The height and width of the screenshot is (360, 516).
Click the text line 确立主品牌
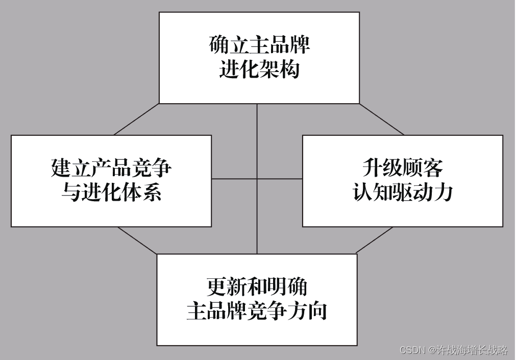pyautogui.click(x=259, y=45)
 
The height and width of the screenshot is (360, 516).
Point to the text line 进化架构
pyautogui.click(x=259, y=69)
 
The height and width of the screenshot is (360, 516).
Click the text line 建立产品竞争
pyautogui.click(x=111, y=167)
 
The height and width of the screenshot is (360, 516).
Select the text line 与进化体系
pyautogui.click(x=111, y=193)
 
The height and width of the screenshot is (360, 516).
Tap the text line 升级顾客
pyautogui.click(x=403, y=167)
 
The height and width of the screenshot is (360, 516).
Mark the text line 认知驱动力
pyautogui.click(x=403, y=193)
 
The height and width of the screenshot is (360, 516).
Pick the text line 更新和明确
pyautogui.click(x=257, y=286)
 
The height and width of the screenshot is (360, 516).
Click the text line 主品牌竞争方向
pyautogui.click(x=257, y=311)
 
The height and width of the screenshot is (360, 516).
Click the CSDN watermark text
pyautogui.click(x=453, y=350)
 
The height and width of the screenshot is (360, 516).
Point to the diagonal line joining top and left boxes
pyautogui.click(x=137, y=119)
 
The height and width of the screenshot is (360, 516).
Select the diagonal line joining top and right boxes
pyautogui.click(x=382, y=119)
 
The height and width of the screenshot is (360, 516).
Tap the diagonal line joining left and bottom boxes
pyautogui.click(x=137, y=241)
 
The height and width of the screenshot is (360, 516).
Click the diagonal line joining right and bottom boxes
pyautogui.click(x=375, y=240)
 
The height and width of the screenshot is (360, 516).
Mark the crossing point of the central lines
pyautogui.click(x=257, y=179)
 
